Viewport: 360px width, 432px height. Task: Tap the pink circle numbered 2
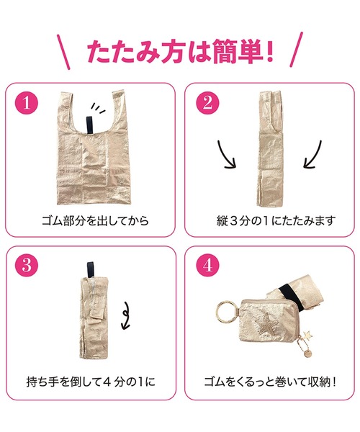coord(205,103)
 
